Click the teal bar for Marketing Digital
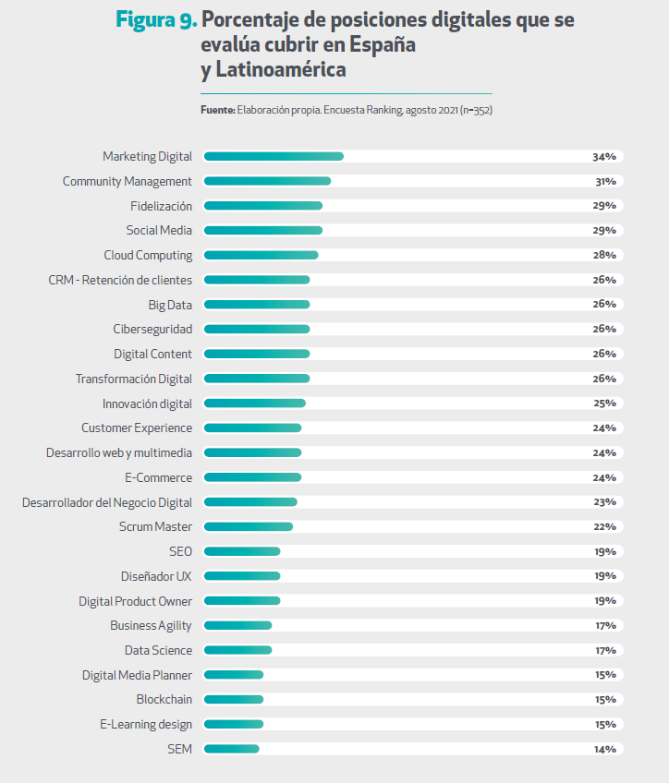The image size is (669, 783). click(x=273, y=157)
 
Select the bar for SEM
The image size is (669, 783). click(x=231, y=749)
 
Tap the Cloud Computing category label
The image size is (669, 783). click(x=148, y=255)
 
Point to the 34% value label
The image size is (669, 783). click(x=604, y=157)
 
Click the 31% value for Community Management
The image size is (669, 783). click(x=605, y=182)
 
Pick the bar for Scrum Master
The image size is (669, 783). click(x=248, y=526)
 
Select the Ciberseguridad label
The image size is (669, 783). click(x=152, y=330)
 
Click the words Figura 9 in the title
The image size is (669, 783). click(x=155, y=19)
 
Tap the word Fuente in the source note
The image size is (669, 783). click(x=217, y=110)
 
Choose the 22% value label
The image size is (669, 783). click(x=604, y=526)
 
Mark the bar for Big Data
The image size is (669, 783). click(x=256, y=305)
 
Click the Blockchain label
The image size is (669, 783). click(x=164, y=699)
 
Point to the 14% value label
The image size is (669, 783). click(x=604, y=749)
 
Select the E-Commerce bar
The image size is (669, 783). click(x=252, y=477)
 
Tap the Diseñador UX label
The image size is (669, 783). click(x=156, y=576)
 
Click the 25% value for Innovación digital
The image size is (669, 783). click(x=604, y=404)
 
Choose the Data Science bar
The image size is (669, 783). click(x=237, y=650)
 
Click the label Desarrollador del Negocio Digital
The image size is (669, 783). click(x=107, y=502)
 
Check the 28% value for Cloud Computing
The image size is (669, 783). click(x=604, y=256)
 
